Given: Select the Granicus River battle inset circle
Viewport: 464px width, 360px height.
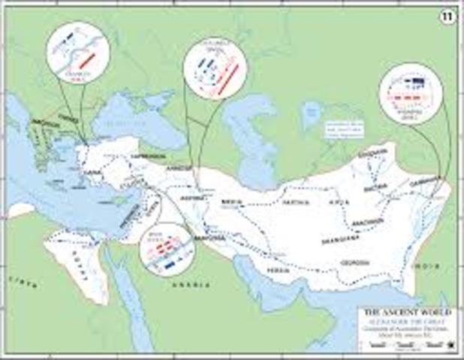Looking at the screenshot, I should point(78,51).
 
